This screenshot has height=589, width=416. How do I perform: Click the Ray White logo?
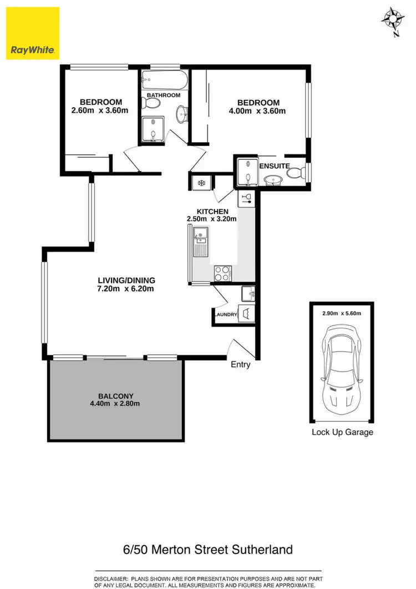point(32,33)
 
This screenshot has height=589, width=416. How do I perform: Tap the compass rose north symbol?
point(393,20)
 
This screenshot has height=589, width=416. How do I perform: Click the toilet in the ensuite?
point(296,173)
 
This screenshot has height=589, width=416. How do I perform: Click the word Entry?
point(241,365)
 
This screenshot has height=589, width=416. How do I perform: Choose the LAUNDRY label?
point(225,315)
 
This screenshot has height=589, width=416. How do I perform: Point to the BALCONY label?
point(115,396)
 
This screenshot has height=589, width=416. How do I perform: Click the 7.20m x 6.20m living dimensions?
point(126,289)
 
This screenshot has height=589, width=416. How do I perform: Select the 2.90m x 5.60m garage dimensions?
point(342,313)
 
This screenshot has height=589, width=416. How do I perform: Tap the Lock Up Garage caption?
point(342,432)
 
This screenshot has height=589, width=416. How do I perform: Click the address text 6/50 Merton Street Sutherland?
point(208,550)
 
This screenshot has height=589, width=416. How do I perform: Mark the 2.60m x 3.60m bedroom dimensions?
point(100,110)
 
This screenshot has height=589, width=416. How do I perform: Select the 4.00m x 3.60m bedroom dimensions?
point(258,111)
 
